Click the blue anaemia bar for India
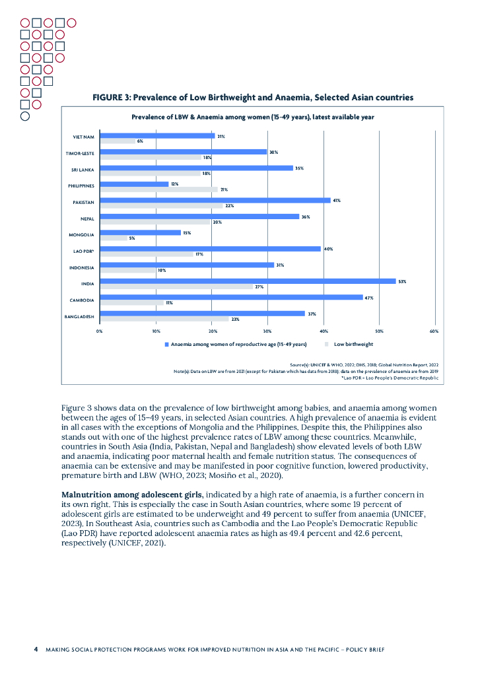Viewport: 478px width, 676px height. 248,281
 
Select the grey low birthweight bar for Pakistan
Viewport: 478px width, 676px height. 161,205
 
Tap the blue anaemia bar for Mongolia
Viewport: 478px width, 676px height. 140,232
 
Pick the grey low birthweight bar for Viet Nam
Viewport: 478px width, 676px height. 117,141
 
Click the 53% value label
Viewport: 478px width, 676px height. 401,281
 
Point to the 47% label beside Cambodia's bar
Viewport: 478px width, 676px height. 369,298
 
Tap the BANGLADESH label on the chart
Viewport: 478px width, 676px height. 79,317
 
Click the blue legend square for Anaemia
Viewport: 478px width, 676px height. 166,345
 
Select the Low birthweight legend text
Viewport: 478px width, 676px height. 353,345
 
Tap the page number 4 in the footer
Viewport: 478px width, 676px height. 36,650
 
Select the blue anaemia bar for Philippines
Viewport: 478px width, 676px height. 133,184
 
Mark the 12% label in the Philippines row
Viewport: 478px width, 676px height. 174,184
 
